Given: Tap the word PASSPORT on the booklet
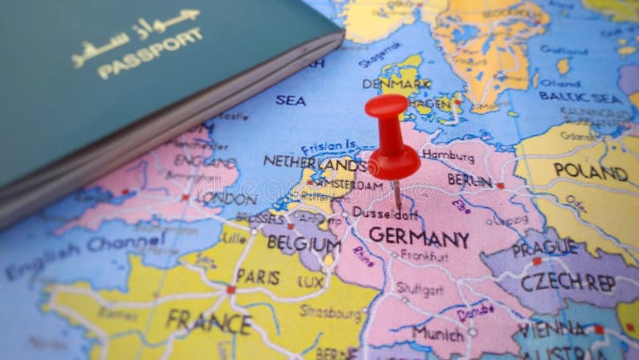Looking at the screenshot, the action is (149, 54).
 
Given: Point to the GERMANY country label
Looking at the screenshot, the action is (419, 239).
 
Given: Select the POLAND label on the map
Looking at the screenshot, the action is (590, 170).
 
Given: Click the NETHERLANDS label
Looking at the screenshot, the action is (314, 163).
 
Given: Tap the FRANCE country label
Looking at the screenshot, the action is (208, 321).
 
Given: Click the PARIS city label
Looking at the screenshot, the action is (258, 277).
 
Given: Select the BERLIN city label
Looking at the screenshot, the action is (470, 180).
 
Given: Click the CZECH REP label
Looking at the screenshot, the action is (567, 283).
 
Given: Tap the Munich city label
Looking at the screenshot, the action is (439, 332).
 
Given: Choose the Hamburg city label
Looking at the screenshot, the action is (448, 155).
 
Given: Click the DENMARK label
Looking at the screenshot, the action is (396, 84).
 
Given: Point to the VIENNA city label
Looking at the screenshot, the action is (551, 328).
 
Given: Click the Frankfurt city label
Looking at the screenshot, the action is (424, 257).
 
